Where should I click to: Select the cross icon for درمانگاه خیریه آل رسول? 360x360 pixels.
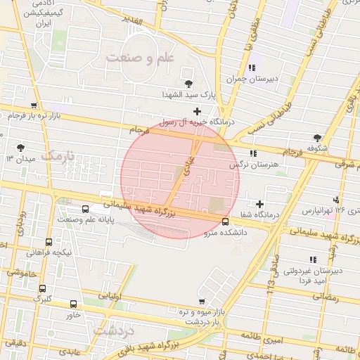[197, 111]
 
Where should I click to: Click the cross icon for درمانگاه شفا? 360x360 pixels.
[259, 204]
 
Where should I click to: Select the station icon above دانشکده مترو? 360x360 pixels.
[225, 223]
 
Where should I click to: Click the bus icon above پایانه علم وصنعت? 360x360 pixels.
[85, 209]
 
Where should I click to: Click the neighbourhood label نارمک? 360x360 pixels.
[58, 155]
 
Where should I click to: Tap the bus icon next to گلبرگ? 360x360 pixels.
[42, 288]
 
